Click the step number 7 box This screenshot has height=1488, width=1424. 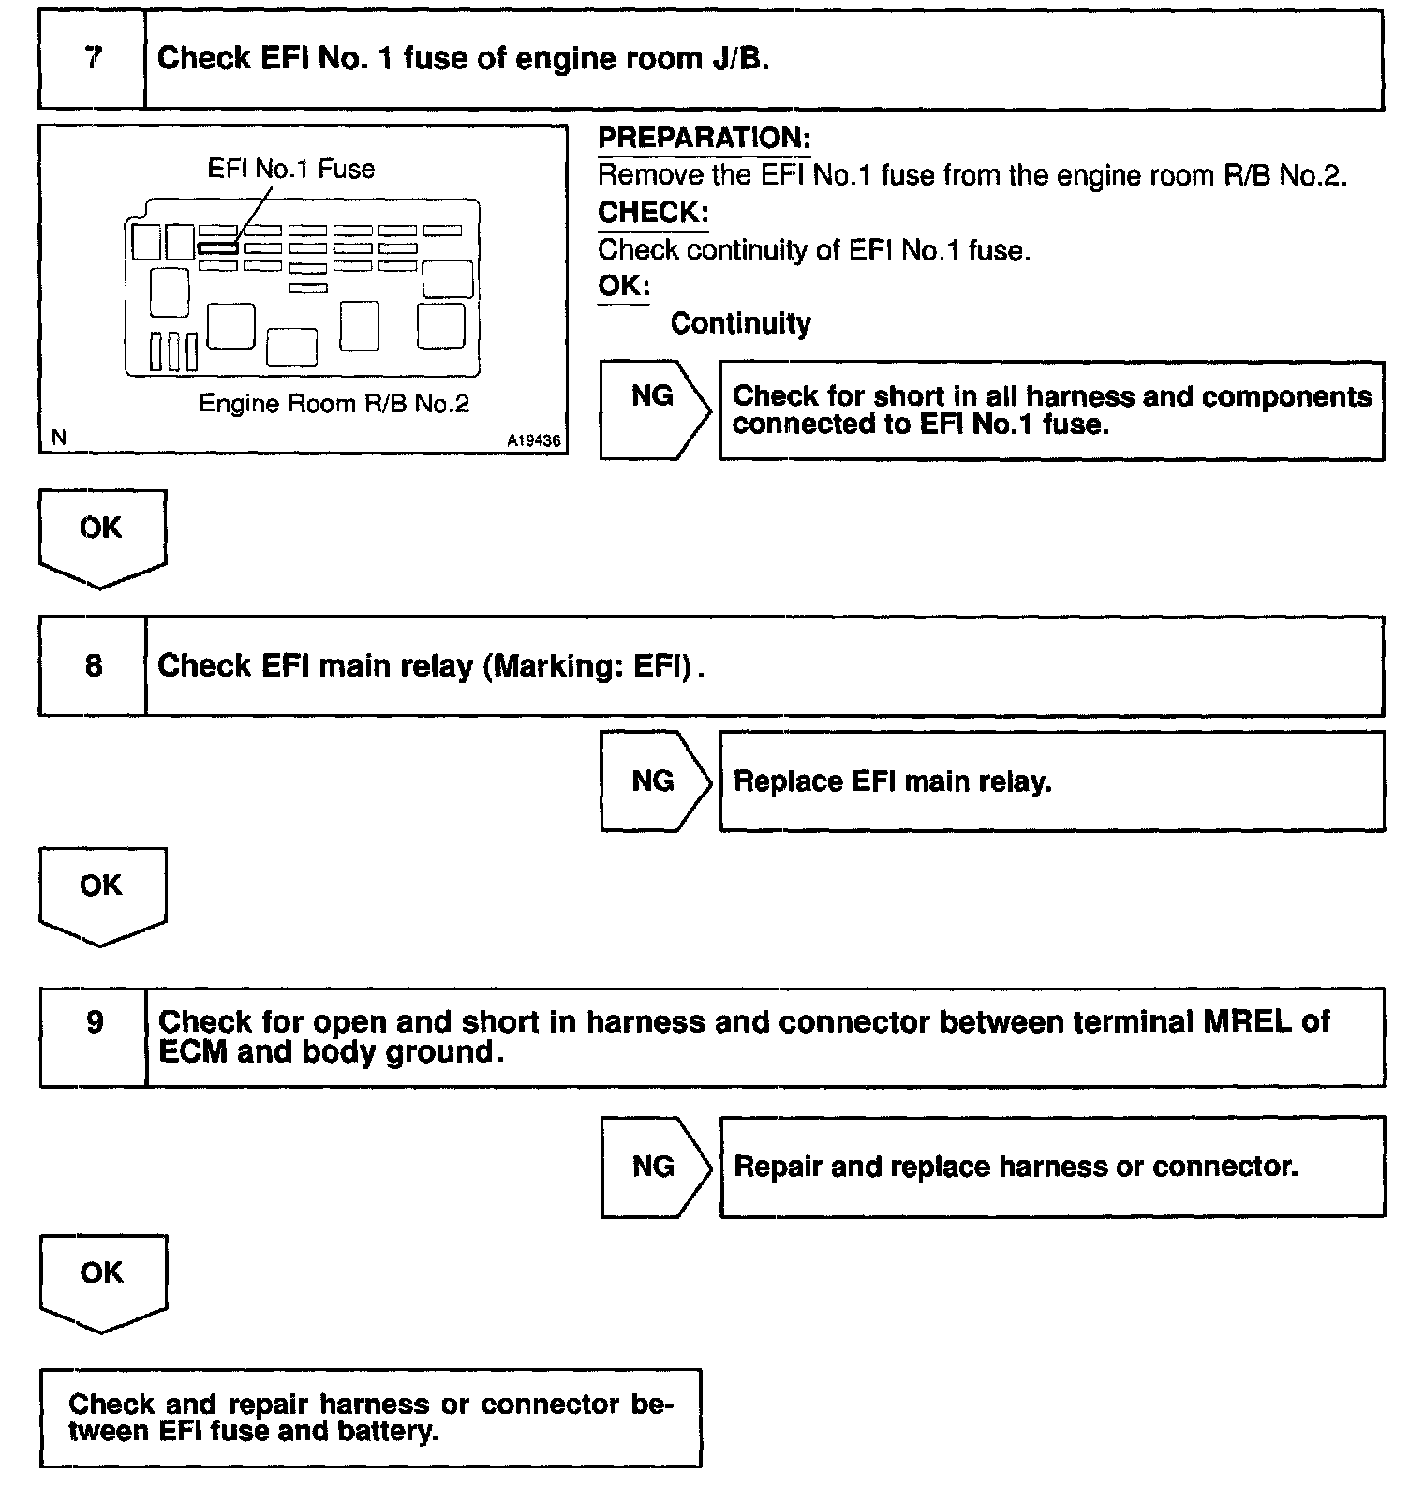(92, 59)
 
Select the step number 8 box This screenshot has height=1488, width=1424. (93, 666)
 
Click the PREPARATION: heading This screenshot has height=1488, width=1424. (704, 139)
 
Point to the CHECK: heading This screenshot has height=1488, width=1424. (652, 213)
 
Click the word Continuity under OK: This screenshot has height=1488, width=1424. (740, 324)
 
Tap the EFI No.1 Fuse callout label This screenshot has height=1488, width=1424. (290, 170)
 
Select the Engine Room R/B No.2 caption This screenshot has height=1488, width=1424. (334, 404)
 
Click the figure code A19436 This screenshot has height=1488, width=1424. (535, 440)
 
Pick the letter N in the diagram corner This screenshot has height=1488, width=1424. (60, 437)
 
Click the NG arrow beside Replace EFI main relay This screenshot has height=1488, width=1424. (654, 781)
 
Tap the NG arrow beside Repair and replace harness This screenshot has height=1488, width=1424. (654, 1167)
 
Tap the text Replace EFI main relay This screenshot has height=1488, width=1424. (892, 781)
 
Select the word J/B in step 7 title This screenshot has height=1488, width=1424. (737, 59)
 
